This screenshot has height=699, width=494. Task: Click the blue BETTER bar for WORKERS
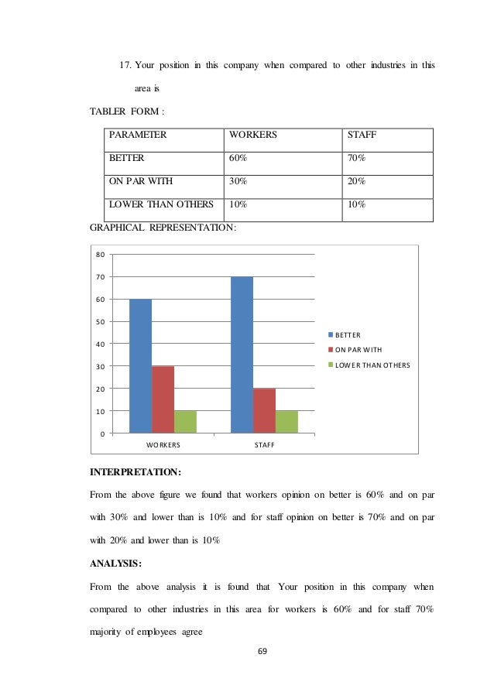(x=140, y=365)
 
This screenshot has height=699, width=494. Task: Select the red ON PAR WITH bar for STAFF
(x=264, y=410)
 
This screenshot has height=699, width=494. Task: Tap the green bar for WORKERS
(x=185, y=421)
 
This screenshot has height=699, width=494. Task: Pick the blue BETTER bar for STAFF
(x=242, y=355)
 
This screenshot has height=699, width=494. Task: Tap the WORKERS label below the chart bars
(x=163, y=446)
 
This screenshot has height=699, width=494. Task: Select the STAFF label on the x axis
(x=264, y=446)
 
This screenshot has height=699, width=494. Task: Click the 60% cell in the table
(x=238, y=158)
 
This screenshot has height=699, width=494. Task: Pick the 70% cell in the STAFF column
(x=357, y=158)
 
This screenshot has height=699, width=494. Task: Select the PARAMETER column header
(x=138, y=135)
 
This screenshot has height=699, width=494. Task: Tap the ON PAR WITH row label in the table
(x=141, y=182)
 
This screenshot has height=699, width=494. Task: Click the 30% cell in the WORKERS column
(x=238, y=182)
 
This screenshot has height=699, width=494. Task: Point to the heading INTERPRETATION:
(x=136, y=471)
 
